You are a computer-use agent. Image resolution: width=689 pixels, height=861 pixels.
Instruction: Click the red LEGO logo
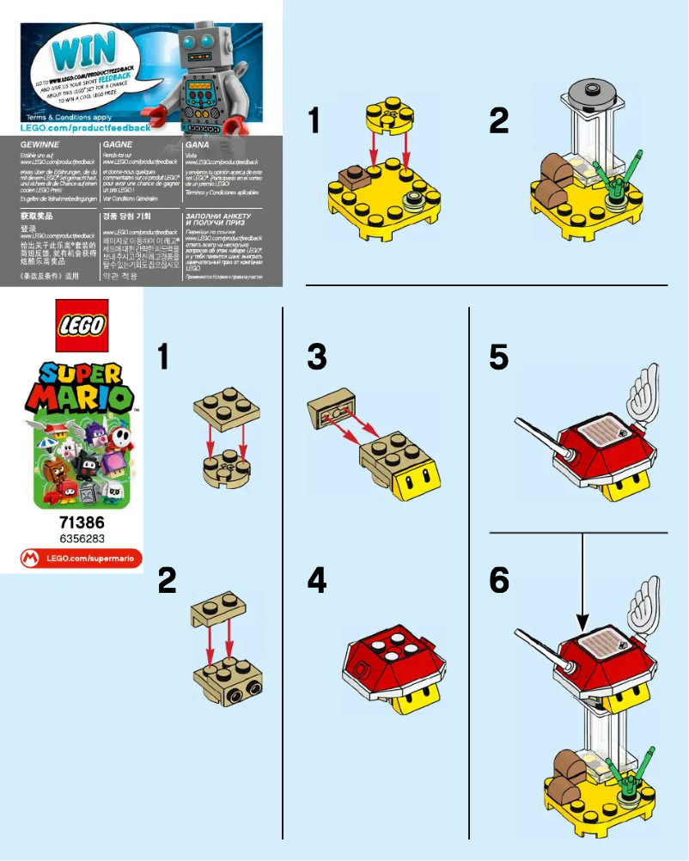82,326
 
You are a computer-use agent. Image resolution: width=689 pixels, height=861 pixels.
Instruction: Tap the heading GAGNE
117,146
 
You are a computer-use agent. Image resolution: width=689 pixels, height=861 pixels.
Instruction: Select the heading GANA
197,146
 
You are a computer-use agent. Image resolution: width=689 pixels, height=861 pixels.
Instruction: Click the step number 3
316,357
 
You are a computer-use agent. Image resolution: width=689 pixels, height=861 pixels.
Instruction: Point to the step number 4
316,582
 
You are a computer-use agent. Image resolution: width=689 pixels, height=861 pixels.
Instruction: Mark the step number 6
499,582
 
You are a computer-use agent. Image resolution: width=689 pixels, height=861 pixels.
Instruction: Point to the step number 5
499,357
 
